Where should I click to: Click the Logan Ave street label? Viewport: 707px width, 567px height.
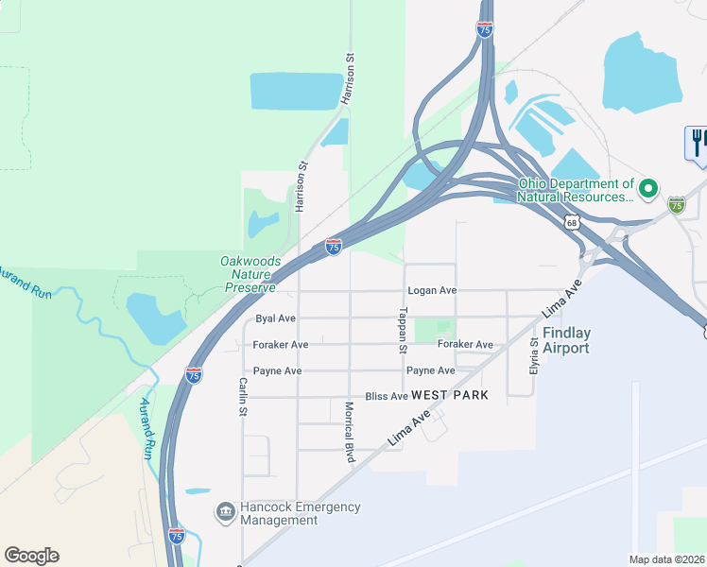pyautogui.click(x=432, y=291)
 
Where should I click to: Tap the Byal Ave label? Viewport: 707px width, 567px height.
pyautogui.click(x=275, y=319)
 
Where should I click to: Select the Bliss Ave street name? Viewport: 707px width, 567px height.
pyautogui.click(x=387, y=396)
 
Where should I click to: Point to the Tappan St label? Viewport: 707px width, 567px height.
pyautogui.click(x=403, y=330)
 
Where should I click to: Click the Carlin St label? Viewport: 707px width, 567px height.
pyautogui.click(x=243, y=397)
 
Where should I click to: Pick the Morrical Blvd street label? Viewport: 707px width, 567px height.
pyautogui.click(x=349, y=432)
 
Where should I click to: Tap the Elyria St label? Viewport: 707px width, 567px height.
pyautogui.click(x=534, y=353)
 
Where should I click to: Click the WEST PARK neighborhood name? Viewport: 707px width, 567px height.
pyautogui.click(x=450, y=395)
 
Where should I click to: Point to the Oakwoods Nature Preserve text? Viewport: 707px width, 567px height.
pyautogui.click(x=249, y=274)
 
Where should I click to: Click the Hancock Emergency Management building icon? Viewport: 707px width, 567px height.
pyautogui.click(x=225, y=513)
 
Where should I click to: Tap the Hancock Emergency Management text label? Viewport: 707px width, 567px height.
pyautogui.click(x=300, y=513)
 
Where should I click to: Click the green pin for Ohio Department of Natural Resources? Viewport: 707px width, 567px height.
pyautogui.click(x=648, y=190)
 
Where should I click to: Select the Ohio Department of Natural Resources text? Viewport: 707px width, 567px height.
pyautogui.click(x=575, y=191)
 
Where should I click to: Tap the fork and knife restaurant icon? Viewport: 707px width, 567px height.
pyautogui.click(x=697, y=143)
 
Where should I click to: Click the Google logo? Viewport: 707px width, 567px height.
pyautogui.click(x=31, y=556)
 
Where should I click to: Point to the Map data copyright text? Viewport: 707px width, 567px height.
pyautogui.click(x=667, y=559)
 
